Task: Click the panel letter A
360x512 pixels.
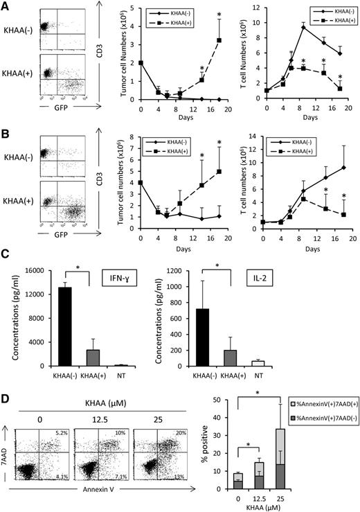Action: point(6,6)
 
